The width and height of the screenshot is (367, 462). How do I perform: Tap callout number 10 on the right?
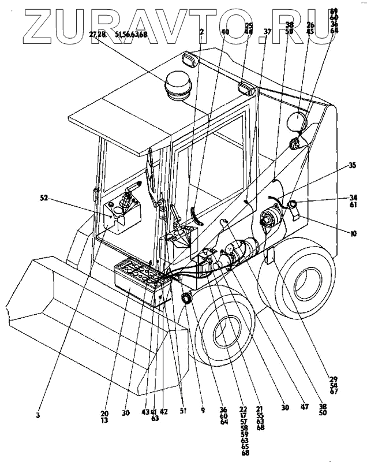[353, 233]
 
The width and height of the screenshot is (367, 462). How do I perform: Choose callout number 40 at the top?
[224, 32]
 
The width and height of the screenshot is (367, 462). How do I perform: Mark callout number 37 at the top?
[267, 32]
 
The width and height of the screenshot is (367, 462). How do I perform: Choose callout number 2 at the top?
[201, 32]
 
